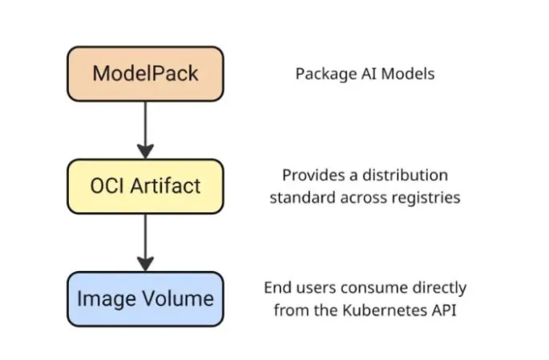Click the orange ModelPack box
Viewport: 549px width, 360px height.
point(145,74)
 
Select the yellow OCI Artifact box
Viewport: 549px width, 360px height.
point(145,186)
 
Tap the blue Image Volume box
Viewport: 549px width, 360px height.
point(145,298)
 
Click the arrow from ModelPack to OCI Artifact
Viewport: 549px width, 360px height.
point(145,128)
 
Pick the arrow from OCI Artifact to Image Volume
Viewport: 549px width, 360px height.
point(145,241)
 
